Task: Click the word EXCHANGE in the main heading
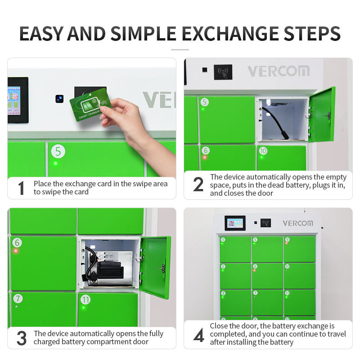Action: (x=230, y=34)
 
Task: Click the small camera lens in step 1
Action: (x=59, y=99)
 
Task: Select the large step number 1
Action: (x=21, y=188)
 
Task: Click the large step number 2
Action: (x=198, y=184)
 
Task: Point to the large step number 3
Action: (x=22, y=338)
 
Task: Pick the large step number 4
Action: (x=199, y=335)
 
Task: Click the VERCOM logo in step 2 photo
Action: (x=279, y=71)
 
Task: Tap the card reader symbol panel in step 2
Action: (x=223, y=72)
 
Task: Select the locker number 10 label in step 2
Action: (x=263, y=151)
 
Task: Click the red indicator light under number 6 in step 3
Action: (x=16, y=251)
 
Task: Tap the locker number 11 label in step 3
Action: (x=85, y=300)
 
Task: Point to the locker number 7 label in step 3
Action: (x=18, y=298)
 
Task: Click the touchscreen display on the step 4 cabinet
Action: (x=235, y=223)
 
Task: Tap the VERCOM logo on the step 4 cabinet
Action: (x=298, y=223)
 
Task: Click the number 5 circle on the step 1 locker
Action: (x=58, y=151)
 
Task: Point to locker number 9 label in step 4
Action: (x=287, y=240)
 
